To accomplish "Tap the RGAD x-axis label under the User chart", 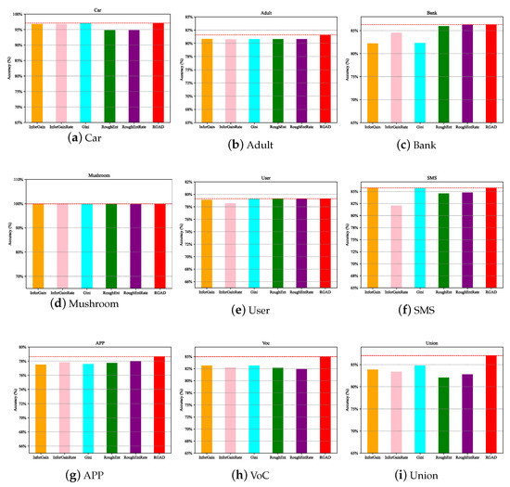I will (325, 292).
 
